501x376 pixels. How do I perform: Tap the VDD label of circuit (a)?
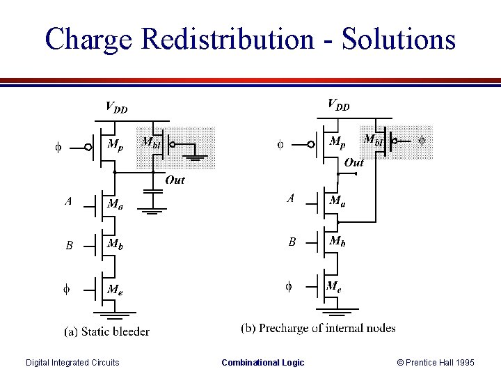coord(116,107)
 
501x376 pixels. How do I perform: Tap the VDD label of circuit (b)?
coord(339,105)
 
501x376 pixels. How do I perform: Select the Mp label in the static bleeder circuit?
coord(116,145)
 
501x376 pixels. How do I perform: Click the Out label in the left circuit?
coord(175,180)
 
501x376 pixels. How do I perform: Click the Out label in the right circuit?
coord(353,162)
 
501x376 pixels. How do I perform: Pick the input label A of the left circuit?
coord(68,202)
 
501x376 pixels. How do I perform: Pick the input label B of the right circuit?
coord(292,242)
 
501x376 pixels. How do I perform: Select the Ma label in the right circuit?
coord(337,201)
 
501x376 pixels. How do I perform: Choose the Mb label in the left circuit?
coord(115,244)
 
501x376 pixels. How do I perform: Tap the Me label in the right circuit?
coord(334,285)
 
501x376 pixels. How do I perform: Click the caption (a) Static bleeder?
coord(106,331)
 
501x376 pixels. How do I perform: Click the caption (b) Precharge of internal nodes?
coord(318,328)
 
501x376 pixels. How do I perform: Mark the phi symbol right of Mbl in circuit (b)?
coord(421,141)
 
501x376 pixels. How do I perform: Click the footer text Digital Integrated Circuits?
coord(72,362)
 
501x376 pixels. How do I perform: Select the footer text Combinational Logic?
coord(262,362)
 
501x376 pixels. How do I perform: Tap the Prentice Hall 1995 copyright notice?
coord(436,362)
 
